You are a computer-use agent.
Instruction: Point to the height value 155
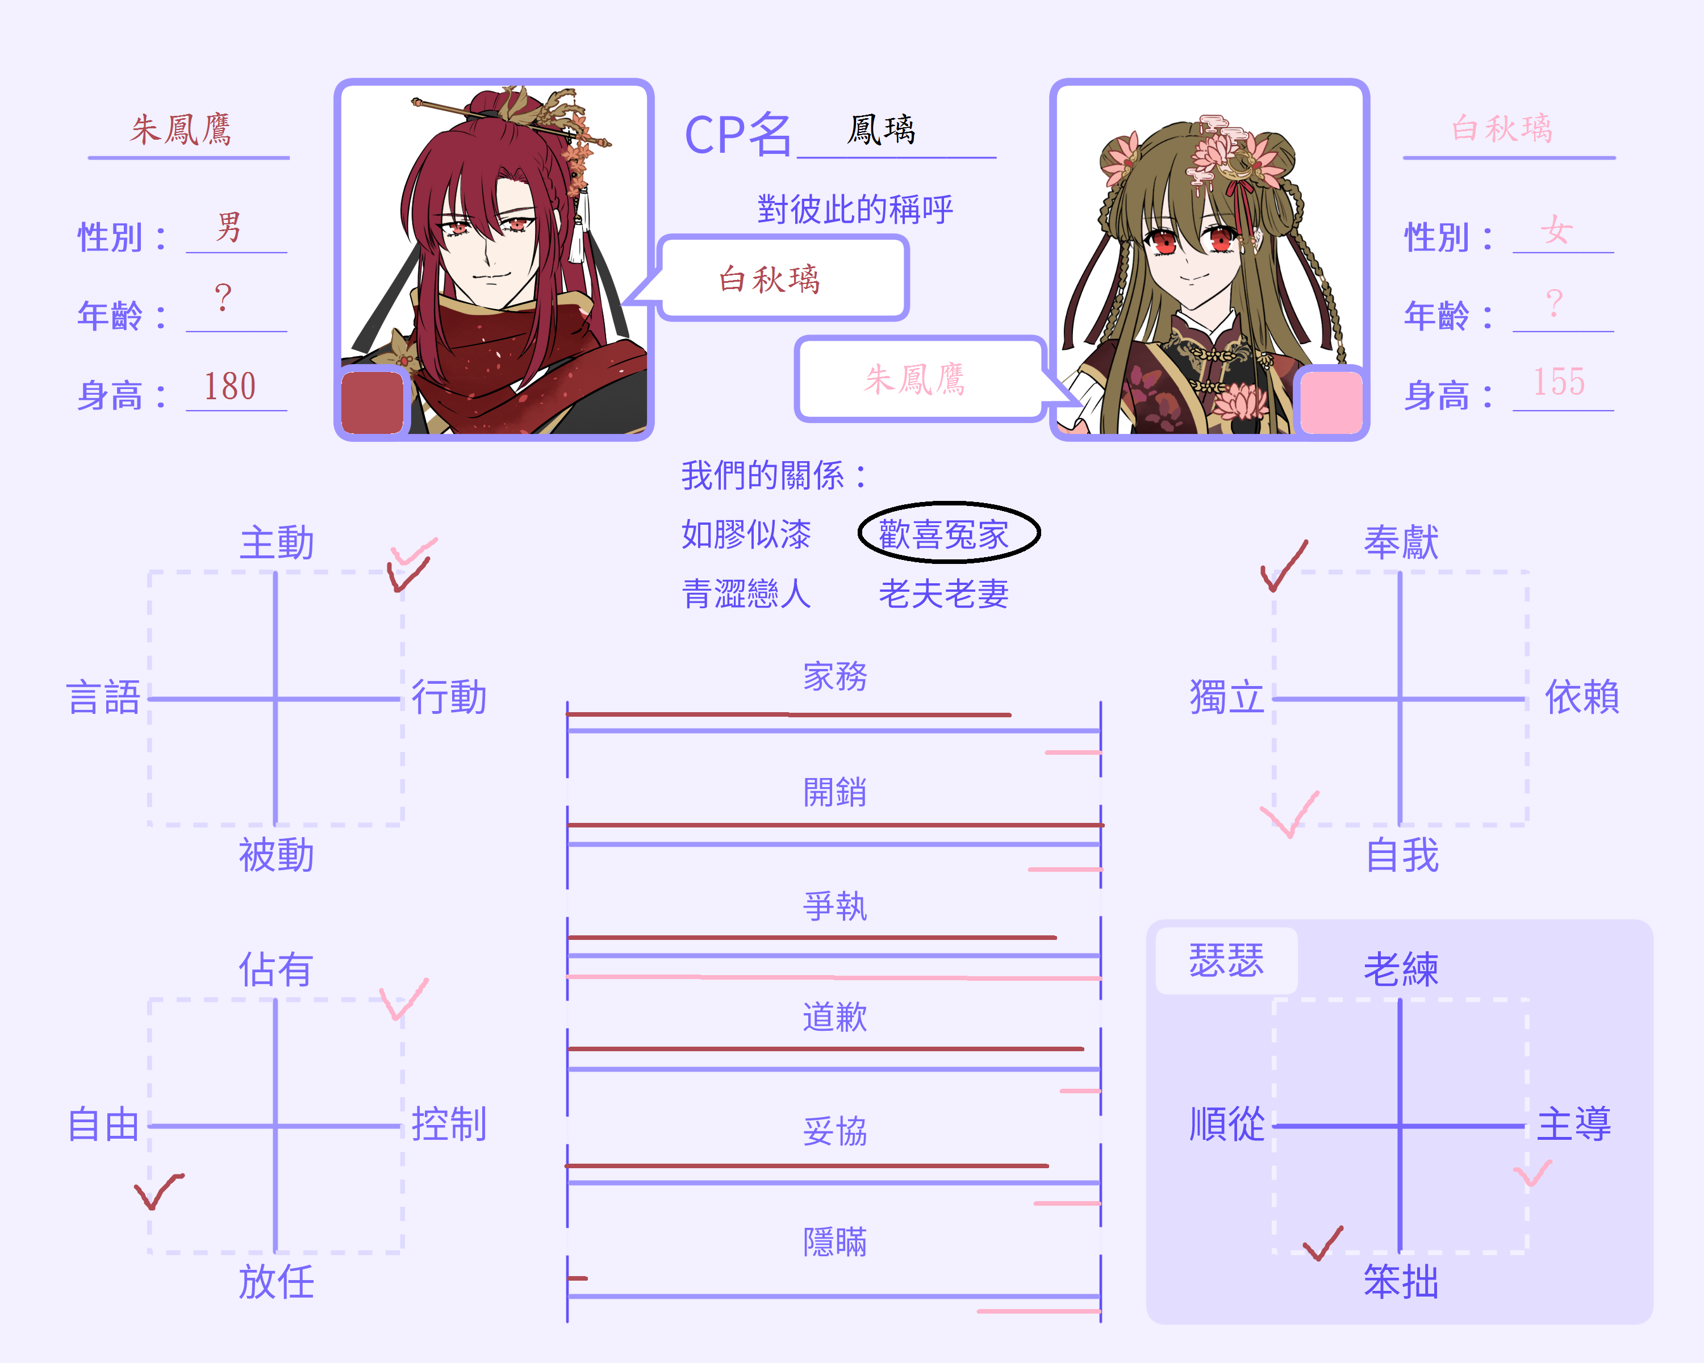(1559, 382)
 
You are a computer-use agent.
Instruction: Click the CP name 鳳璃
(881, 129)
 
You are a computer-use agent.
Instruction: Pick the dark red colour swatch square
(372, 402)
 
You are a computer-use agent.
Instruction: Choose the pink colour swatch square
(1331, 402)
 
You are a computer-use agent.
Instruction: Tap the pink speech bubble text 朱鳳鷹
(915, 379)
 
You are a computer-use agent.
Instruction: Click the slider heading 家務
(836, 677)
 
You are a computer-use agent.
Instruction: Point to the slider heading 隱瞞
(836, 1241)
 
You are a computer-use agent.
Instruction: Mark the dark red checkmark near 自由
(158, 1191)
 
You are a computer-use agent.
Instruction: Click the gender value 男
(228, 228)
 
